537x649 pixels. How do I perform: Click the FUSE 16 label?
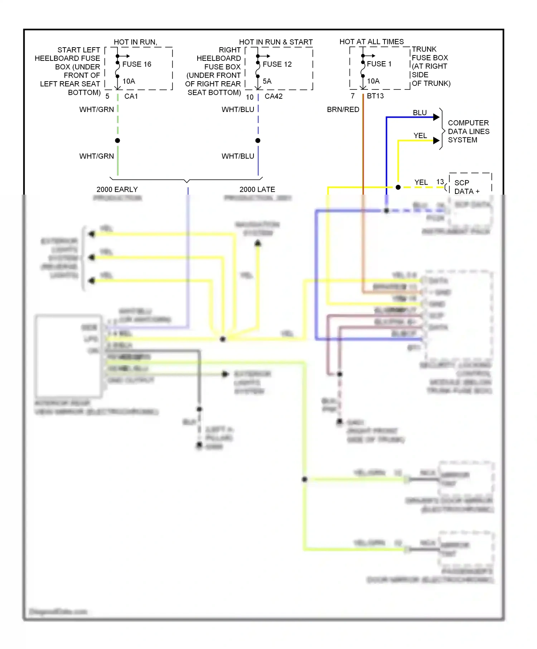pos(137,64)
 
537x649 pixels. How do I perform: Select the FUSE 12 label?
pos(277,64)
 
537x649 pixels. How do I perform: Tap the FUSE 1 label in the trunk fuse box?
pos(379,64)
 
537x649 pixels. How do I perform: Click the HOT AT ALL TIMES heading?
pos(371,42)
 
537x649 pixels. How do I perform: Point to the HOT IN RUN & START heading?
pos(276,42)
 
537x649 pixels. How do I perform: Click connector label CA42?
pos(274,96)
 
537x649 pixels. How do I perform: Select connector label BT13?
pos(375,96)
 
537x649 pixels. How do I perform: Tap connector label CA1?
pos(131,96)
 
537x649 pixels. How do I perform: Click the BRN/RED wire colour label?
pos(343,109)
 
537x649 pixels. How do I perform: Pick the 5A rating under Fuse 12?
pos(267,81)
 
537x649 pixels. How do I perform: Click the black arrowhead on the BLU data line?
pos(436,117)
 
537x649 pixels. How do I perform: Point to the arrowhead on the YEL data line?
pos(436,141)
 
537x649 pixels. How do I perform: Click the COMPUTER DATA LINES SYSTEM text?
pos(468,131)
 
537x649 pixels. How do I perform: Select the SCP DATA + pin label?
pos(467,187)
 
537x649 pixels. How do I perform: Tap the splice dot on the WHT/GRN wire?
pos(117,141)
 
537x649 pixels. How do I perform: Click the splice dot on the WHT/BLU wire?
pos(258,141)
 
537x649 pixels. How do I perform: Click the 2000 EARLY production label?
pos(117,189)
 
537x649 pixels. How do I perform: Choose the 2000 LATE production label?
pos(257,189)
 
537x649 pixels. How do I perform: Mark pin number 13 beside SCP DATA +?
pos(440,182)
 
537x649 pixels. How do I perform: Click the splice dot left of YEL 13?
pos(398,187)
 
